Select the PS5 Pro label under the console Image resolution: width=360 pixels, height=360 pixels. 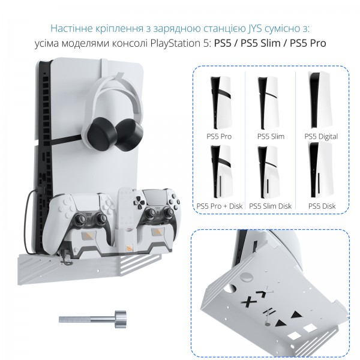click(x=219, y=136)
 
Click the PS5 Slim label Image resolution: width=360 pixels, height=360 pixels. click(x=271, y=136)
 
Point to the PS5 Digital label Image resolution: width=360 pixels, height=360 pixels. click(x=321, y=137)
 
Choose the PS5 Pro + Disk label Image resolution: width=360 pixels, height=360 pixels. click(x=219, y=206)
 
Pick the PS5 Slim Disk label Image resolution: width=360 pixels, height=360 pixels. click(x=270, y=206)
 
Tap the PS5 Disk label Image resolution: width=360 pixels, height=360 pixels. click(x=322, y=206)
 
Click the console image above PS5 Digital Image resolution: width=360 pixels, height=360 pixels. click(x=319, y=101)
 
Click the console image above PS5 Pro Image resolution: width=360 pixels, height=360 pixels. click(x=220, y=103)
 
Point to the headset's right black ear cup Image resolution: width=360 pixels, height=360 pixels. click(x=128, y=134)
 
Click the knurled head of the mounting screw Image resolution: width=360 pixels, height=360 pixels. click(x=121, y=319)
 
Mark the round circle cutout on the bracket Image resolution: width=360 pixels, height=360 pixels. click(x=247, y=277)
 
